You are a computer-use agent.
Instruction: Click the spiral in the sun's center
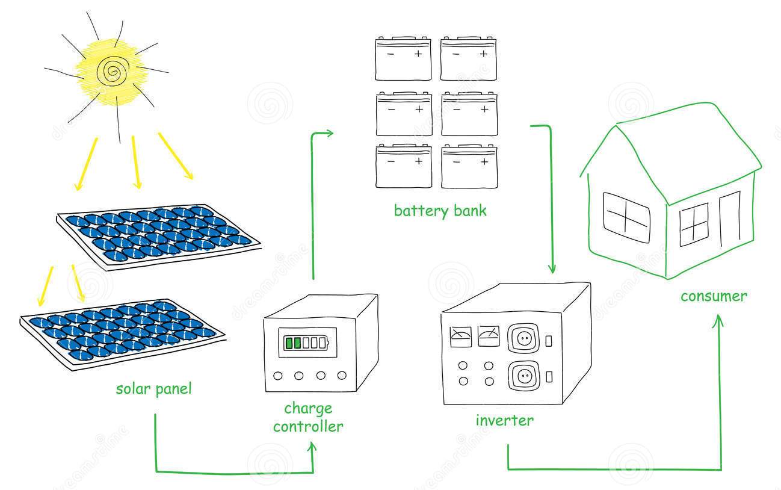113,71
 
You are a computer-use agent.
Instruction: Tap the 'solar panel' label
154,389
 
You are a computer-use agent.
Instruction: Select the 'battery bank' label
440,211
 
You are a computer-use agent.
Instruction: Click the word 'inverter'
504,420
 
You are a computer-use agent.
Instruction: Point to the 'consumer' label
714,296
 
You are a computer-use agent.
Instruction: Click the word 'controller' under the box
308,426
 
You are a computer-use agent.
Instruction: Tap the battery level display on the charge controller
306,343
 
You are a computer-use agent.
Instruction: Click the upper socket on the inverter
523,338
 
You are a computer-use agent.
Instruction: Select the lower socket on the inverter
523,376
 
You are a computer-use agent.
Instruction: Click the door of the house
730,219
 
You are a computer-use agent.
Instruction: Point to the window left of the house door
694,225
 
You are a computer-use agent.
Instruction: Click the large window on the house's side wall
626,218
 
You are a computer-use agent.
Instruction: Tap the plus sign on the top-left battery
418,54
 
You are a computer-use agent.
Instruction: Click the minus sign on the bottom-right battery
457,162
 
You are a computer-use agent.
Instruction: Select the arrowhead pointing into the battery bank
329,133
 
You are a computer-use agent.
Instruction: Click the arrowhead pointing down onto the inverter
552,268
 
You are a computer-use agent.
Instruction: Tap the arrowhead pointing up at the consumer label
718,320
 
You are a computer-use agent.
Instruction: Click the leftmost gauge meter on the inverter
460,336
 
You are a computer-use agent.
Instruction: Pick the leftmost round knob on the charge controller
278,376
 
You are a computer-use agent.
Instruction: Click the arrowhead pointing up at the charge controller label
312,447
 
